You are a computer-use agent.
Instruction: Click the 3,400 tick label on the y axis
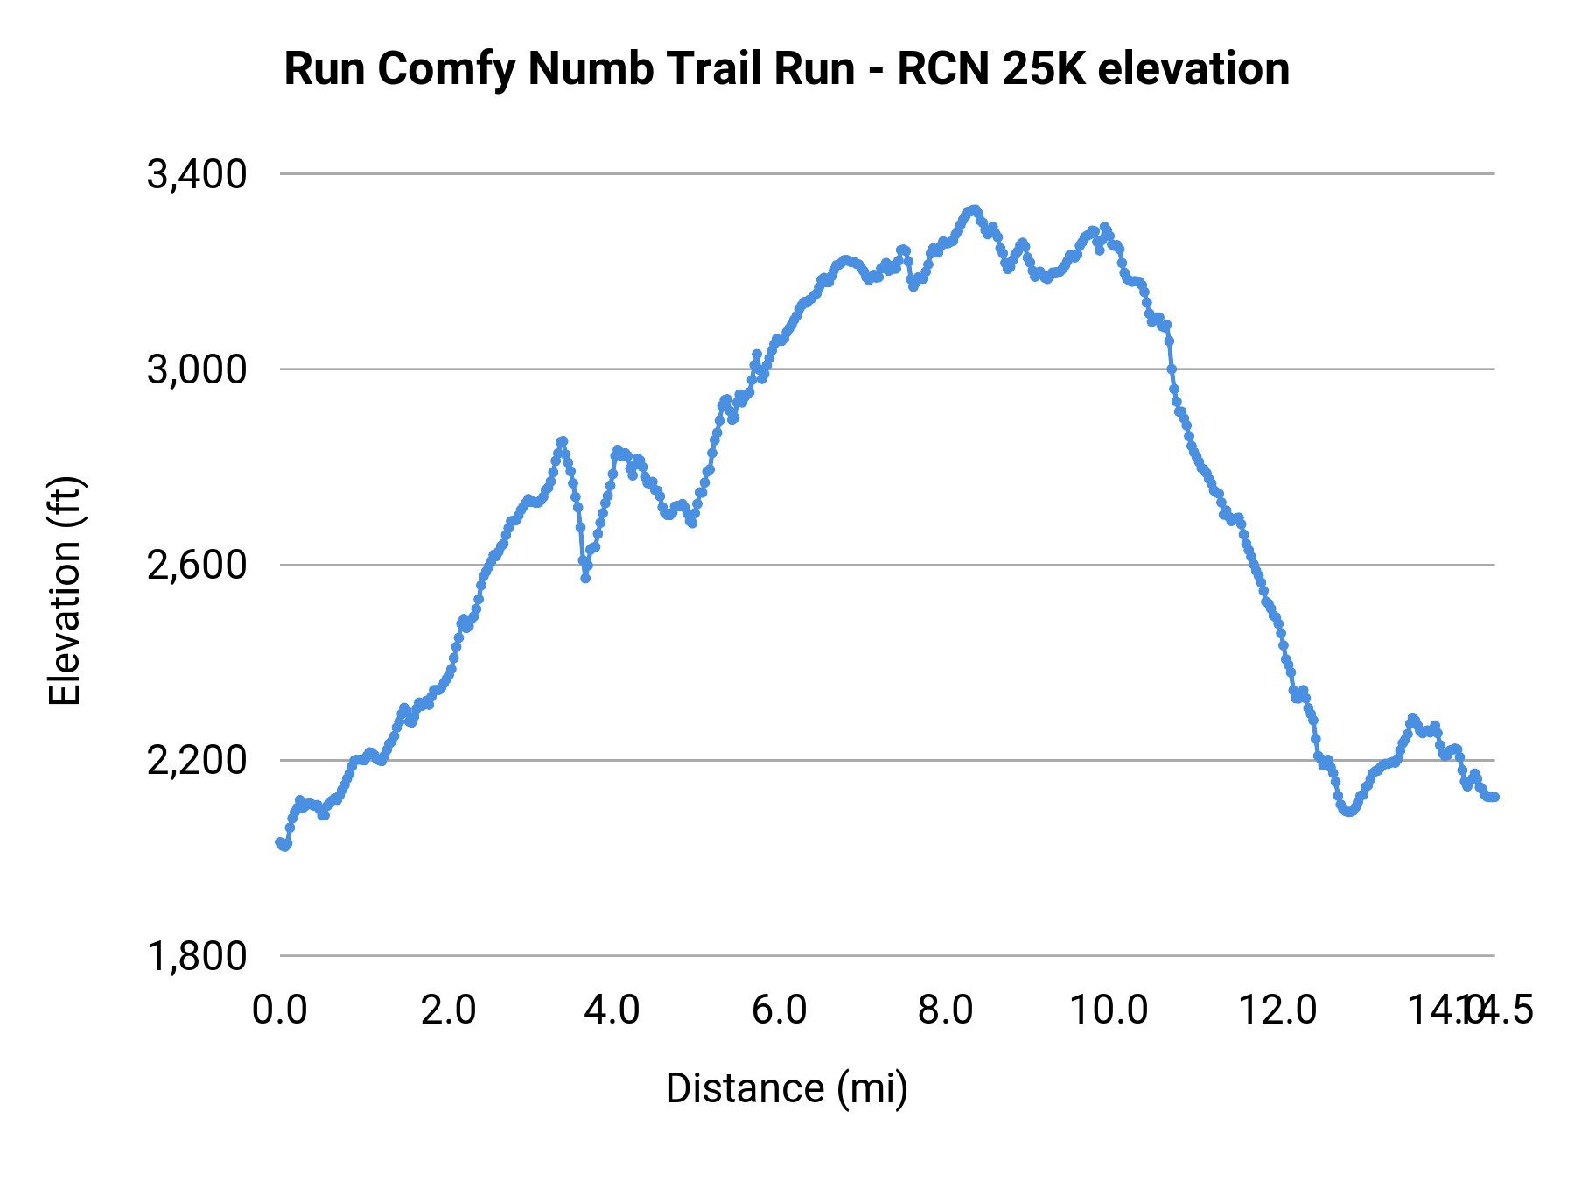pos(197,175)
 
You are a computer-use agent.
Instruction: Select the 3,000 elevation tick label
pos(197,370)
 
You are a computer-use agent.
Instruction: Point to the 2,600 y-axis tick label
pos(197,566)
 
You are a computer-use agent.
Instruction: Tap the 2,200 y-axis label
pos(197,761)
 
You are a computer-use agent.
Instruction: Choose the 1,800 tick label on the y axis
pos(197,956)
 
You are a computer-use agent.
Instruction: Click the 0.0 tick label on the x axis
pos(280,1010)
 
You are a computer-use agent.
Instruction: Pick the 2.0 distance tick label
pos(448,1010)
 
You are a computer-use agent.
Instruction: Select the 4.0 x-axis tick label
pos(612,1010)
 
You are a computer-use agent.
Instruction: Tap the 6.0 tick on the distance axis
pos(780,1010)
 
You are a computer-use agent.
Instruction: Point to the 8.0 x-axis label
pos(946,1010)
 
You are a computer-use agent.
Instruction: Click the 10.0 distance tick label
pos(1109,1010)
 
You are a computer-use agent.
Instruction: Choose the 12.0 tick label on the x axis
pos(1277,1010)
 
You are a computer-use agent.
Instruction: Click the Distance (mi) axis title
pos(787,1088)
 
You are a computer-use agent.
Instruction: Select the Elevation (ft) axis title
pos(65,591)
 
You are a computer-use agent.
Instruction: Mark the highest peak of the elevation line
pos(973,210)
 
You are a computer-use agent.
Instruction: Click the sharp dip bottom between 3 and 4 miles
pos(585,578)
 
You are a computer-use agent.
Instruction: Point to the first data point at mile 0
pos(280,842)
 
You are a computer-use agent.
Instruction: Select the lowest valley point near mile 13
pos(1348,812)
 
